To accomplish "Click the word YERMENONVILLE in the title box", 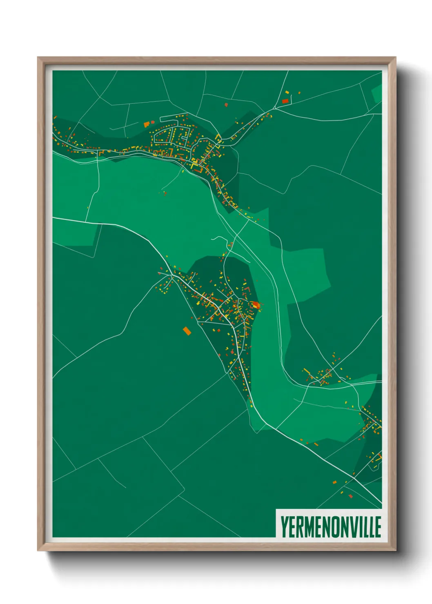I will tap(330, 526).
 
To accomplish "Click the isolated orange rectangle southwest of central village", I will tap(187, 331).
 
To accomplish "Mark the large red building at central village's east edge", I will tap(256, 304).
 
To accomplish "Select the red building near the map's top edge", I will tap(285, 100).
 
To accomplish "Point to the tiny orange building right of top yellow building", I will tap(299, 93).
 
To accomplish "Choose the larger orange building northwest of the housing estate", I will tap(147, 124).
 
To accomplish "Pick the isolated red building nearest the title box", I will tap(350, 496).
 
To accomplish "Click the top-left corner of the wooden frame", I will tap(38, 58).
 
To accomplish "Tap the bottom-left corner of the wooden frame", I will tap(38, 551).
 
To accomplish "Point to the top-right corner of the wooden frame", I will tap(395, 58).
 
